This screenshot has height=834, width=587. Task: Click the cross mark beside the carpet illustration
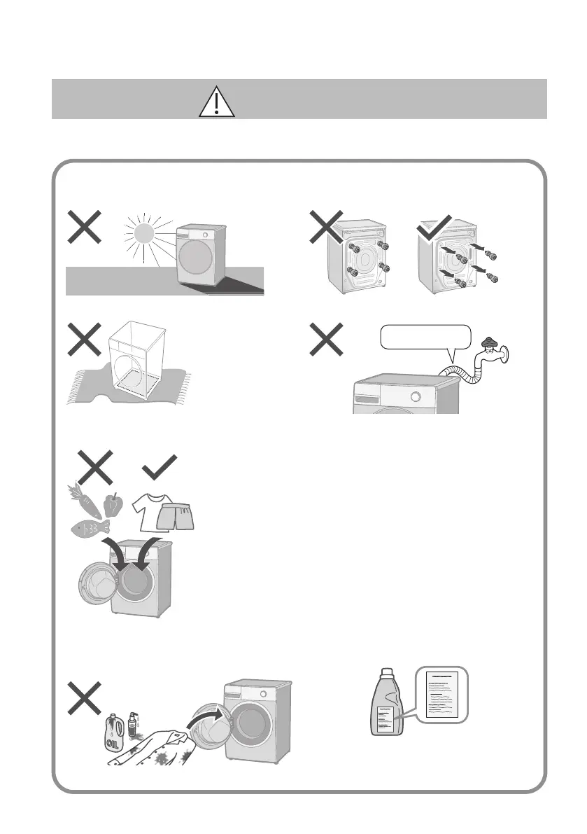tap(83, 340)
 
